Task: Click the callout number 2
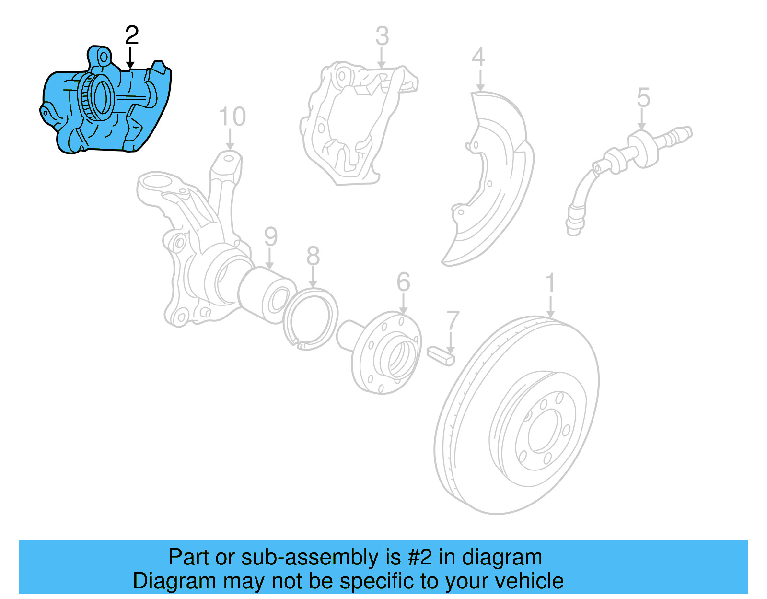132,35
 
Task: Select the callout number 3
382,36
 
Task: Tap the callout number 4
478,57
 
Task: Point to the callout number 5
643,98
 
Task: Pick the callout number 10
232,117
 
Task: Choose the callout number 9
271,237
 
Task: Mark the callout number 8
313,256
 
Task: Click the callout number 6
404,282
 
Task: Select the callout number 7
453,321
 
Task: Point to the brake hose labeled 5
623,158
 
